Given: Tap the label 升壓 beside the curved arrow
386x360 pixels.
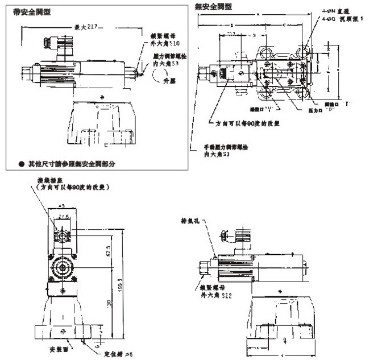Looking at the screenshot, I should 169,81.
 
